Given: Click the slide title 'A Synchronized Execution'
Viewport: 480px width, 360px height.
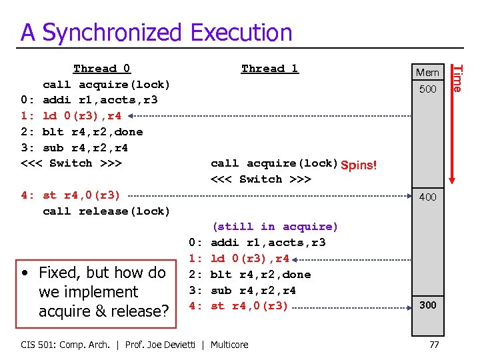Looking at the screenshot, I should [x=156, y=32].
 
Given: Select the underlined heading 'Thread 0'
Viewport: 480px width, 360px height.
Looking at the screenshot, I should [x=102, y=69].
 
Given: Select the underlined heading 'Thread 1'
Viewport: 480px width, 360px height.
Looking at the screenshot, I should [x=269, y=69].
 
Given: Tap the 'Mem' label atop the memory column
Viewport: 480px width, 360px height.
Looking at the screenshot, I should [x=427, y=72].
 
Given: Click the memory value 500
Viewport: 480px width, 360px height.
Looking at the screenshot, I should [x=427, y=89].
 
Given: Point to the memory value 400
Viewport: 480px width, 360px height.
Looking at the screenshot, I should [x=427, y=197].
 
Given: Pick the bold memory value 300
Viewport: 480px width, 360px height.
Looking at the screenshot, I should [x=427, y=305].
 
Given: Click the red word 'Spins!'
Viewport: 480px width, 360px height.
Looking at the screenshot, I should [x=358, y=165].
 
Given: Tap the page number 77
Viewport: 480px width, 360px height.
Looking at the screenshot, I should [x=434, y=345].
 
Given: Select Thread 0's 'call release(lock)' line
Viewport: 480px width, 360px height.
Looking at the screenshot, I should [x=106, y=211].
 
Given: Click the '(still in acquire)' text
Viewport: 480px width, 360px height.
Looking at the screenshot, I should [x=275, y=227].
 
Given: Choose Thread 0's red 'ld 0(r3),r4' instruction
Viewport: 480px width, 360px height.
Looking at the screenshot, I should [x=81, y=116].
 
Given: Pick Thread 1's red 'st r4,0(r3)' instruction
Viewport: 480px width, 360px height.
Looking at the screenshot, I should [x=249, y=306].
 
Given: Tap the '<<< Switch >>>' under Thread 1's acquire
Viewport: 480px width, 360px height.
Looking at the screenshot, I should [x=261, y=179].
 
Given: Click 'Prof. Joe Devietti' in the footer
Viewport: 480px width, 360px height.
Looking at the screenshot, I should [x=166, y=345].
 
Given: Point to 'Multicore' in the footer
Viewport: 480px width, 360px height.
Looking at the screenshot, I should [x=229, y=345].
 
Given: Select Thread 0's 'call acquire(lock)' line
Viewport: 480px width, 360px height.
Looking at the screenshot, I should [x=106, y=85].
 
